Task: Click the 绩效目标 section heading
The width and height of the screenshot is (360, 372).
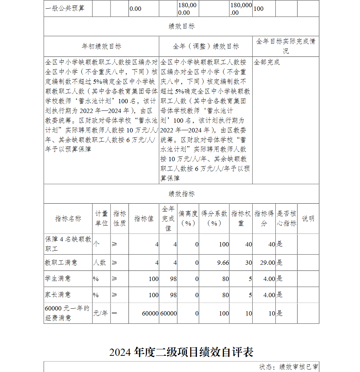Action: pyautogui.click(x=181, y=26)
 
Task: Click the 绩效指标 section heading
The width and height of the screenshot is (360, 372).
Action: pyautogui.click(x=181, y=194)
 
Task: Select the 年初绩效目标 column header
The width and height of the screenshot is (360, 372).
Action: pyautogui.click(x=102, y=46)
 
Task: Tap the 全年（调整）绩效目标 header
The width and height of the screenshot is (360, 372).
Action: pyautogui.click(x=206, y=46)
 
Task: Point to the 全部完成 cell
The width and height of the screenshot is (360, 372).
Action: pyautogui.click(x=267, y=62)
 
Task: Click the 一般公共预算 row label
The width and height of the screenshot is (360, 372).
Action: pyautogui.click(x=65, y=8)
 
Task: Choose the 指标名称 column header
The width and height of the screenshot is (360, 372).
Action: pyautogui.click(x=68, y=218)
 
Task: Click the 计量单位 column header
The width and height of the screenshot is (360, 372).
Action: pyautogui.click(x=102, y=218)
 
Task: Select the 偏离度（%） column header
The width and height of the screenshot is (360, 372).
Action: pyautogui.click(x=188, y=218)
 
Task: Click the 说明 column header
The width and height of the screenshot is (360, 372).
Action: pyautogui.click(x=308, y=218)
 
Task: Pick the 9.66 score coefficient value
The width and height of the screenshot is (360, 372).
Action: pyautogui.click(x=223, y=263)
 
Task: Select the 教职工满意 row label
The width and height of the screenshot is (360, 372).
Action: pyautogui.click(x=61, y=263)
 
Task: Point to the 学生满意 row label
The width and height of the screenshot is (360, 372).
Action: pyautogui.click(x=58, y=278)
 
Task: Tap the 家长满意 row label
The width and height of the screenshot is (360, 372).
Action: pyautogui.click(x=58, y=295)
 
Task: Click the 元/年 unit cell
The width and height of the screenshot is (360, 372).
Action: pyautogui.click(x=100, y=313)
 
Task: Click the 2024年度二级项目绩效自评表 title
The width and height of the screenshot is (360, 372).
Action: pyautogui.click(x=181, y=351)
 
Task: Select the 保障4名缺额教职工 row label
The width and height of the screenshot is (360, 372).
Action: pyautogui.click(x=68, y=244)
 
